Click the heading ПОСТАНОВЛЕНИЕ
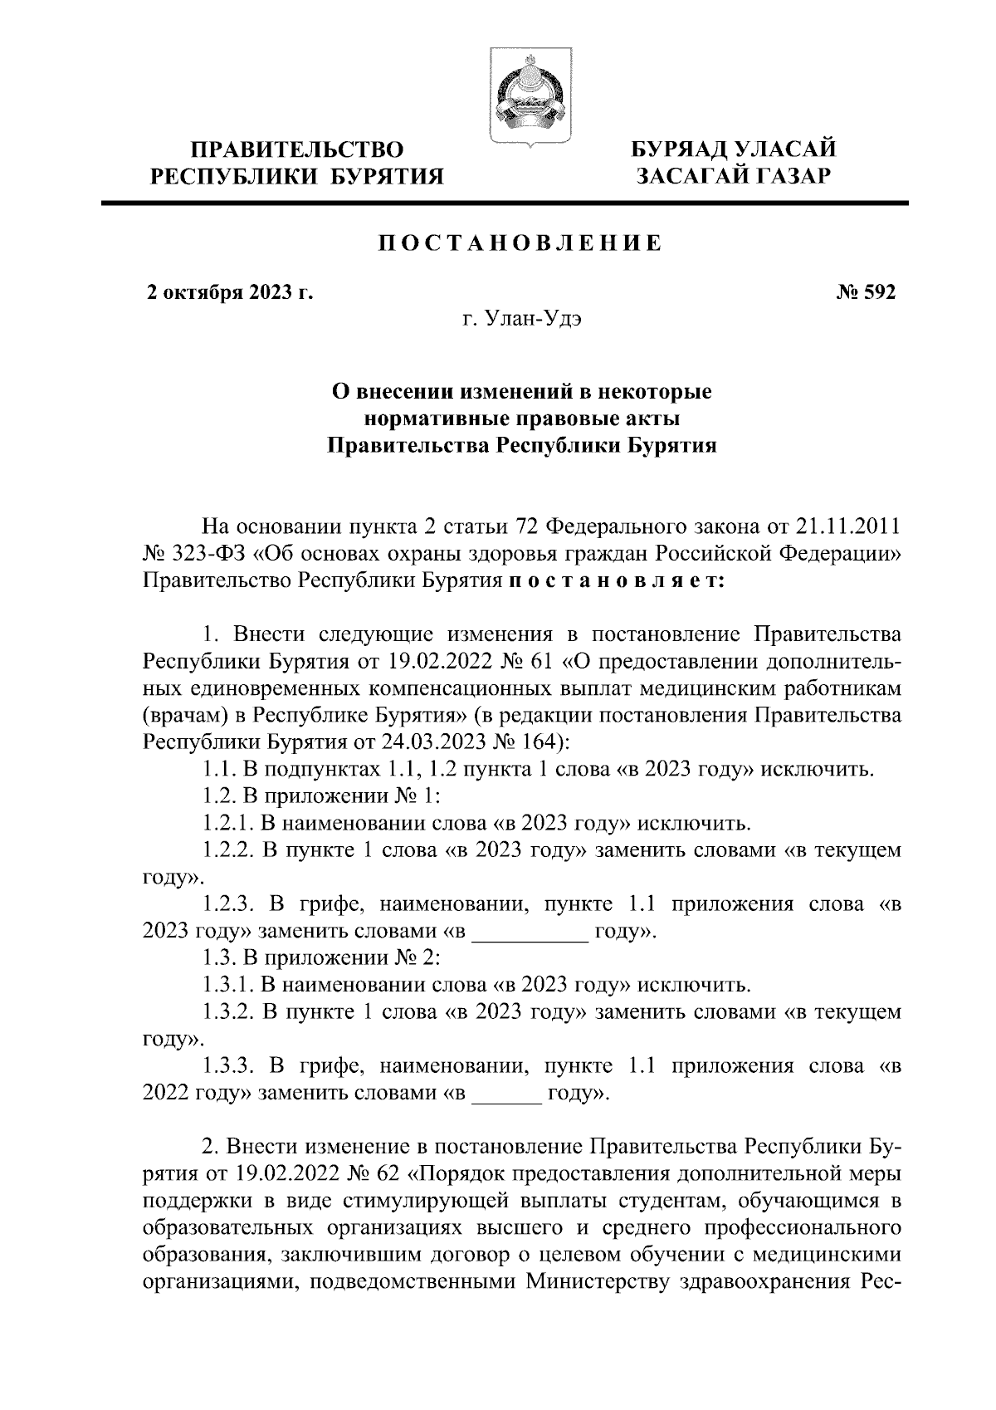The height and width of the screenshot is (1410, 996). coord(520,243)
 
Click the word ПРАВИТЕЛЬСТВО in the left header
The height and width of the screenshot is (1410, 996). coord(298,150)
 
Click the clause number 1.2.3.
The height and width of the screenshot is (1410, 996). coord(230,904)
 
